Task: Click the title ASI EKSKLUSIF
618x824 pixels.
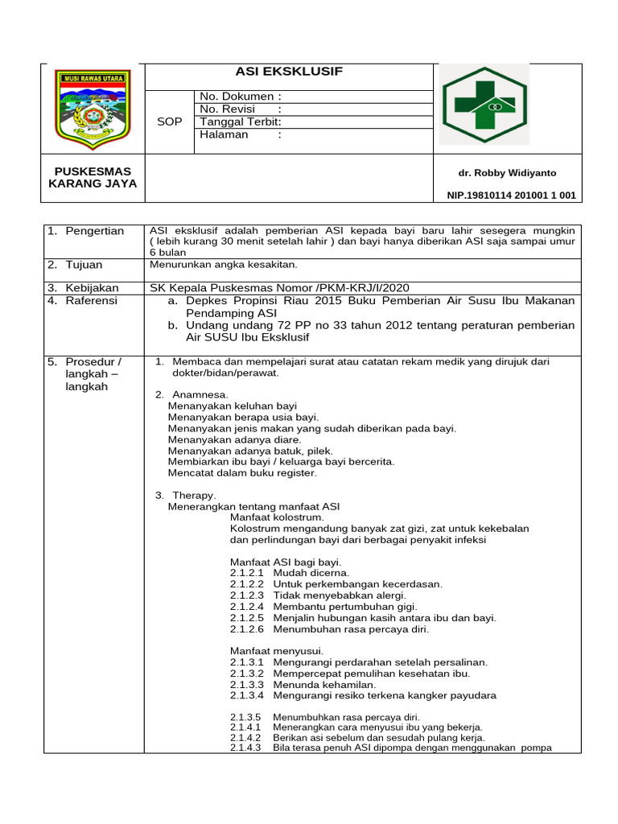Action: pyautogui.click(x=289, y=72)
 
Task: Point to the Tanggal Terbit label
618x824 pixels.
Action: pyautogui.click(x=240, y=122)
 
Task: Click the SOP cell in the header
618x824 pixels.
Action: pyautogui.click(x=170, y=122)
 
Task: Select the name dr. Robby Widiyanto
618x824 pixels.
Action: pyautogui.click(x=507, y=173)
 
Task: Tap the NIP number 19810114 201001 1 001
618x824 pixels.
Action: pyautogui.click(x=511, y=196)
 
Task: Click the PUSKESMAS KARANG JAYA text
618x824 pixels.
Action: pyautogui.click(x=93, y=178)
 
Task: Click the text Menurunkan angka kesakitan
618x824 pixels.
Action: pyautogui.click(x=224, y=264)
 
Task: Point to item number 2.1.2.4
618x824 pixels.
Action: pyautogui.click(x=246, y=606)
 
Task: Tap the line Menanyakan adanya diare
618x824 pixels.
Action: pyautogui.click(x=234, y=439)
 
